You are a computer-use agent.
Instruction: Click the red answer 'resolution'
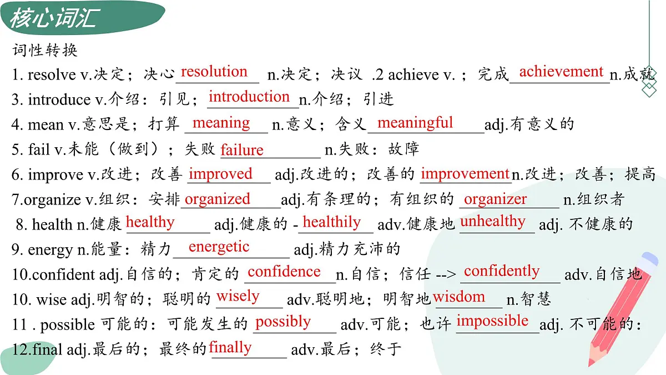pyautogui.click(x=214, y=72)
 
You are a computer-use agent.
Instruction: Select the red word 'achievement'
pyautogui.click(x=561, y=72)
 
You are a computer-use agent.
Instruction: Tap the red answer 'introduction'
pyautogui.click(x=249, y=97)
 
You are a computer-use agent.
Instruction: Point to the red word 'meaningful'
pyautogui.click(x=415, y=122)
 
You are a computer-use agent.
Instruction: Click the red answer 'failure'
pyautogui.click(x=242, y=150)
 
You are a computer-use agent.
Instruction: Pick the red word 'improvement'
pyautogui.click(x=465, y=174)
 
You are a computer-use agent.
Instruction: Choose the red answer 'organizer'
pyautogui.click(x=496, y=199)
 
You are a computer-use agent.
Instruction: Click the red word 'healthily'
pyautogui.click(x=332, y=222)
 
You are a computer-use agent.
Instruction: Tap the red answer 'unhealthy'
pyautogui.click(x=493, y=221)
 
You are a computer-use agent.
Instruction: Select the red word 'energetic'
pyautogui.click(x=219, y=247)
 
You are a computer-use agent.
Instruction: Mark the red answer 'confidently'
pyautogui.click(x=502, y=271)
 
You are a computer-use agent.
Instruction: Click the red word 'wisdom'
pyautogui.click(x=459, y=297)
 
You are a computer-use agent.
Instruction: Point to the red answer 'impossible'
pyautogui.click(x=492, y=321)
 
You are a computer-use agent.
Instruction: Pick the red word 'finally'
pyautogui.click(x=230, y=347)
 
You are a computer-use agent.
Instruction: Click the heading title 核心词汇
pyautogui.click(x=54, y=18)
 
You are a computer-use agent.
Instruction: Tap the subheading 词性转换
pyautogui.click(x=45, y=51)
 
